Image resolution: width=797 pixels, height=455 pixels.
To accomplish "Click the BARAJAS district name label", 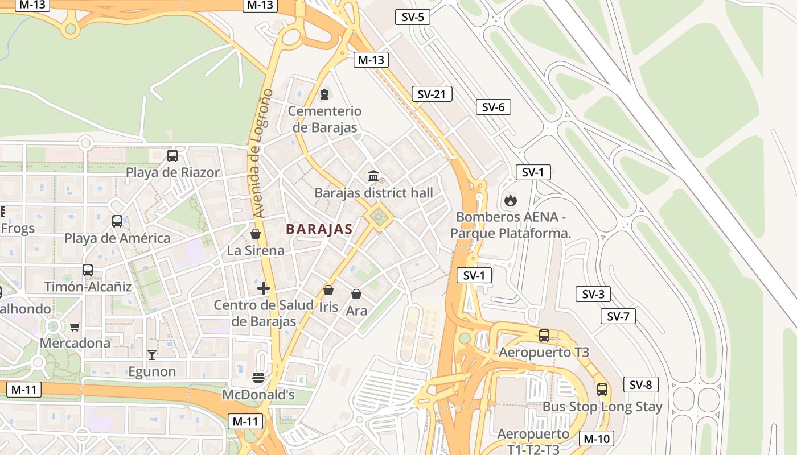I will [x=319, y=229].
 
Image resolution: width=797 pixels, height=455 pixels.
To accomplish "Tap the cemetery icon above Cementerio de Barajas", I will [x=324, y=94].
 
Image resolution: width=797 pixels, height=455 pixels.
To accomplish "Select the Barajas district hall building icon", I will [x=373, y=176].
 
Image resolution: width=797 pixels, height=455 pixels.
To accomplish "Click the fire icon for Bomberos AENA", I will [x=510, y=200].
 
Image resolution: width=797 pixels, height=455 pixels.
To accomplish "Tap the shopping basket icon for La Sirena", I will [x=256, y=234].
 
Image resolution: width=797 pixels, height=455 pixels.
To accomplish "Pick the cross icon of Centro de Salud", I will [x=263, y=288].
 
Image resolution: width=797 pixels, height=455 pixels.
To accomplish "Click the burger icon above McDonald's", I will [x=258, y=378].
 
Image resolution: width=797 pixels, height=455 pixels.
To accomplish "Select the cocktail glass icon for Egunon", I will [x=151, y=355].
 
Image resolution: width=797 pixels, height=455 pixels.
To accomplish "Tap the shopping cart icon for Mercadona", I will [x=75, y=326].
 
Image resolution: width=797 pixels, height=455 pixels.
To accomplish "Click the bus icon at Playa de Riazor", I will [x=172, y=155].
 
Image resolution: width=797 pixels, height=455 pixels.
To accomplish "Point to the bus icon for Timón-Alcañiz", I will [x=87, y=270].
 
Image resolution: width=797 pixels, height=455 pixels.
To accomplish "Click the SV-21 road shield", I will [x=432, y=94].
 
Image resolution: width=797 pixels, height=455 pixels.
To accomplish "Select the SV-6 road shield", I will [x=493, y=107].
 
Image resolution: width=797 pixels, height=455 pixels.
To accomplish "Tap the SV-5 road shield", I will [x=412, y=17].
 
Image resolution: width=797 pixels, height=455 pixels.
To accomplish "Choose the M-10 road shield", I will [x=597, y=439].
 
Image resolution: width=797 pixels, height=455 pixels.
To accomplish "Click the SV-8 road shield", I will [x=640, y=384].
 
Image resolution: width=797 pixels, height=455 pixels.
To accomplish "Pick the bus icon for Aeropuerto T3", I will [x=544, y=336].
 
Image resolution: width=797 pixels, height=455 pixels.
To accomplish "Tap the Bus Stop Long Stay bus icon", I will [x=602, y=390].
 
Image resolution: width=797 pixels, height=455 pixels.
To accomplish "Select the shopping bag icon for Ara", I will [x=356, y=294].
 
